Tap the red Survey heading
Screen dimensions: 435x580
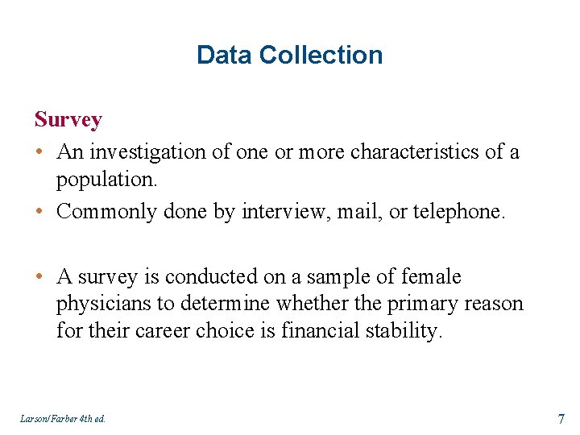68,120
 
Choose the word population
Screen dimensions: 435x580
106,179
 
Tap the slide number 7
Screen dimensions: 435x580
560,417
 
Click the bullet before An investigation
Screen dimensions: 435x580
39,152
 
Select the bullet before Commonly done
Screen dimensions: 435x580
39,212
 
